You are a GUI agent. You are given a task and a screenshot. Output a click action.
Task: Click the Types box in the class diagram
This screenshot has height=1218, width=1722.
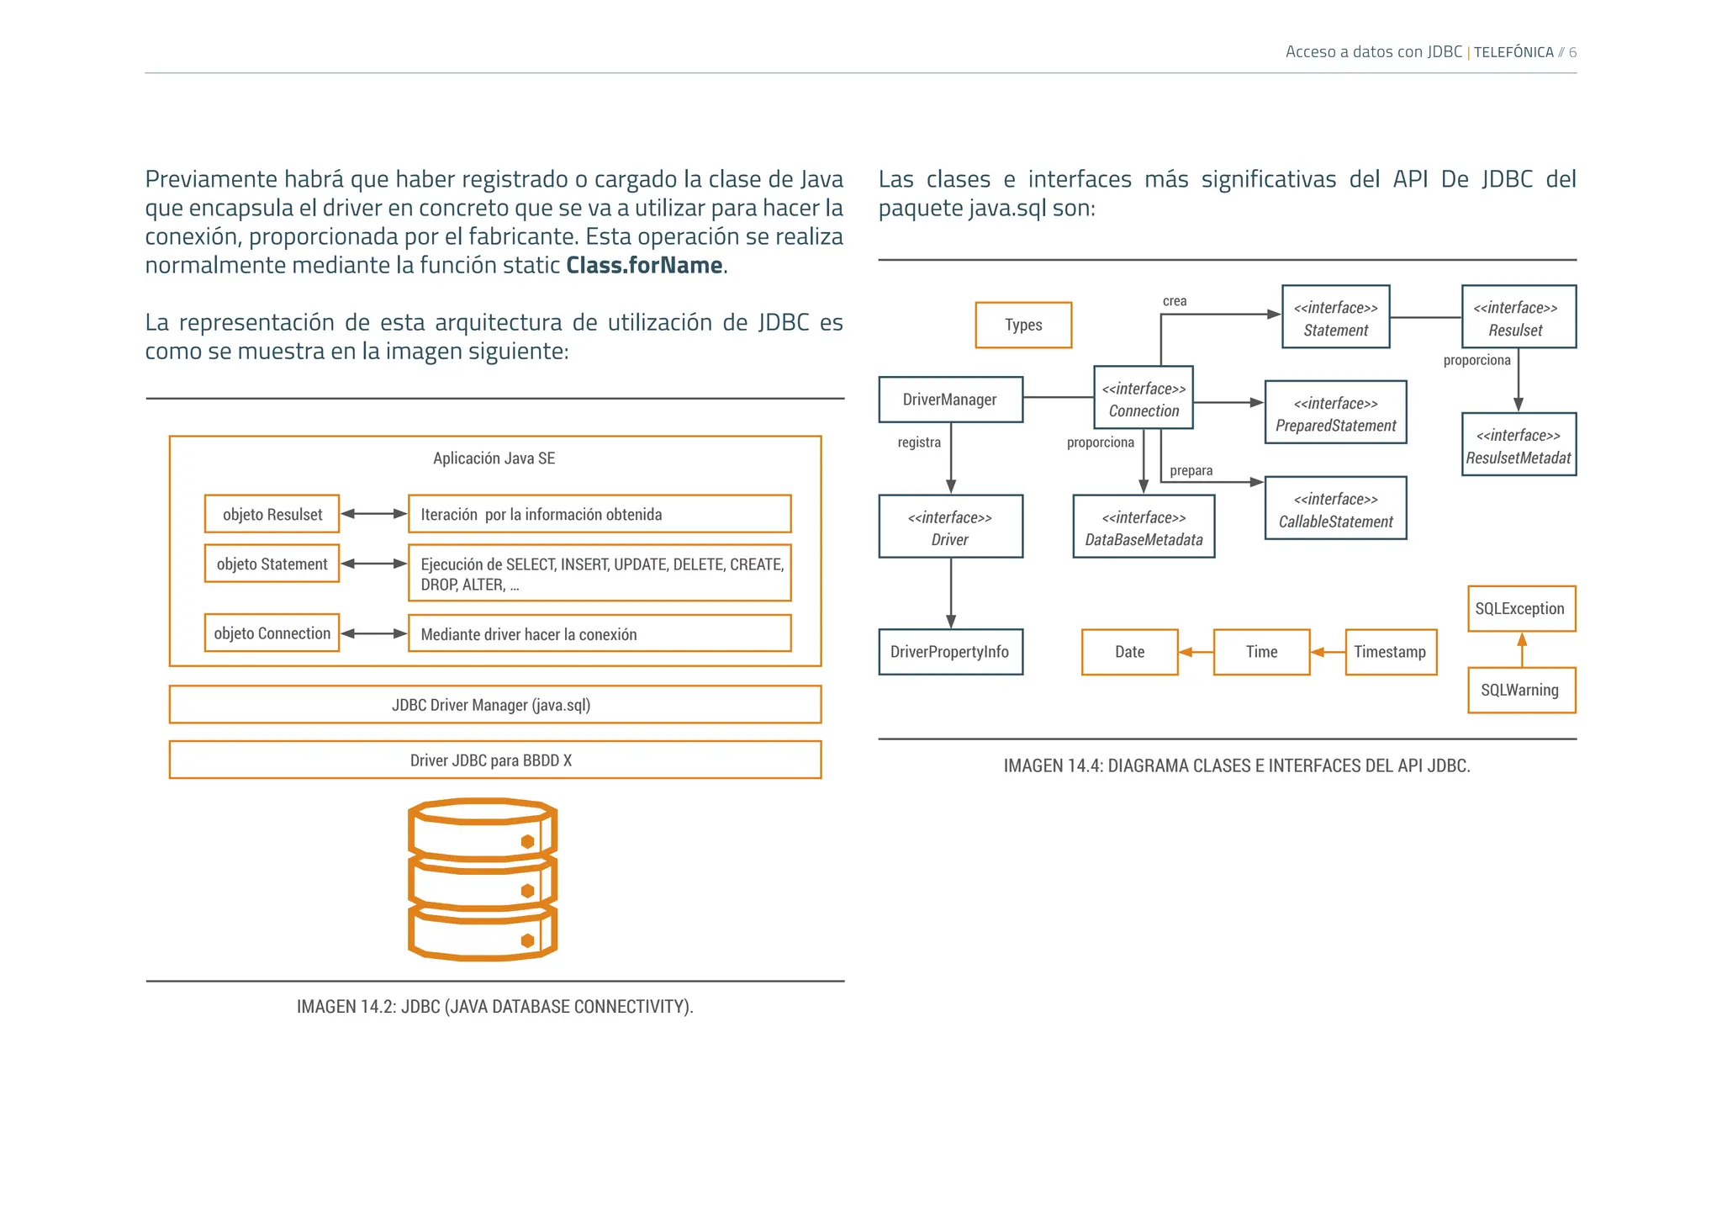coord(1023,326)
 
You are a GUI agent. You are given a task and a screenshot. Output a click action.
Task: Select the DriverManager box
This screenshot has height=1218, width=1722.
coord(950,400)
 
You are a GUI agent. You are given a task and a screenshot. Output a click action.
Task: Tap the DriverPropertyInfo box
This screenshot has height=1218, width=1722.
coord(950,652)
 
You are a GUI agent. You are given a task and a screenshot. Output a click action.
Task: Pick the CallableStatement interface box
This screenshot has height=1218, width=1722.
coord(1335,509)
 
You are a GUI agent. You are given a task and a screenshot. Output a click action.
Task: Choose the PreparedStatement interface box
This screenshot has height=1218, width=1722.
coord(1335,413)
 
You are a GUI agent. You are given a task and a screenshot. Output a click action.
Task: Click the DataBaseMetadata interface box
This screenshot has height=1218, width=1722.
coord(1144,527)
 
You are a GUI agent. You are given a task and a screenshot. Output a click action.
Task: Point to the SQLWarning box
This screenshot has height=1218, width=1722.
coord(1521,691)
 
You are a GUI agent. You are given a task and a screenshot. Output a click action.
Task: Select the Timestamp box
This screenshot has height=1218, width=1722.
coord(1391,652)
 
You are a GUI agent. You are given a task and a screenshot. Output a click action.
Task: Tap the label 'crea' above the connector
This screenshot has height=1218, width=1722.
coord(1175,301)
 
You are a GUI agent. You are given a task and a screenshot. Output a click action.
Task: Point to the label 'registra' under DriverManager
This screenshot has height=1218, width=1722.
coord(919,442)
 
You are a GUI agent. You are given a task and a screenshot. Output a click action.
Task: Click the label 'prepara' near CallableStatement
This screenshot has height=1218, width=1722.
coord(1191,470)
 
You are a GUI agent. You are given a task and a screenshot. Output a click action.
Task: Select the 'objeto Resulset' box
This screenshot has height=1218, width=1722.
coord(272,514)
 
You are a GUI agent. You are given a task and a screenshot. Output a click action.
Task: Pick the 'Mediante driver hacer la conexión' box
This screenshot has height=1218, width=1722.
coord(599,634)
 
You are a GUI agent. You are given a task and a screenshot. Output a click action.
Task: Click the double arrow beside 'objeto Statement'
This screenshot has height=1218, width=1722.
coord(373,564)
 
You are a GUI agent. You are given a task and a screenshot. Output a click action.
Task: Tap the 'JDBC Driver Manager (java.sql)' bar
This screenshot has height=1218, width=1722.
coord(494,705)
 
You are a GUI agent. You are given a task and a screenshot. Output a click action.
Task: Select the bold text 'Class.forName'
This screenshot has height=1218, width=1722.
coord(644,266)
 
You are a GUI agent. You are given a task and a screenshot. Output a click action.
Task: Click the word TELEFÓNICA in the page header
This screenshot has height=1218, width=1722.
coord(1513,52)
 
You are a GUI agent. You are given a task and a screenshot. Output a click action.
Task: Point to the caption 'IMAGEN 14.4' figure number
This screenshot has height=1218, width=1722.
coord(1053,766)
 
